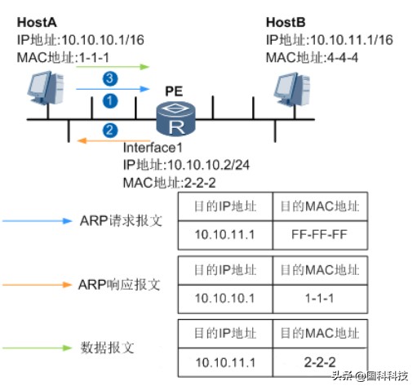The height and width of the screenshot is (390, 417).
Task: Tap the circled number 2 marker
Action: click(x=109, y=130)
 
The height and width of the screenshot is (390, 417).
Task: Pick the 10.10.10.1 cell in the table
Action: click(x=224, y=296)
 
